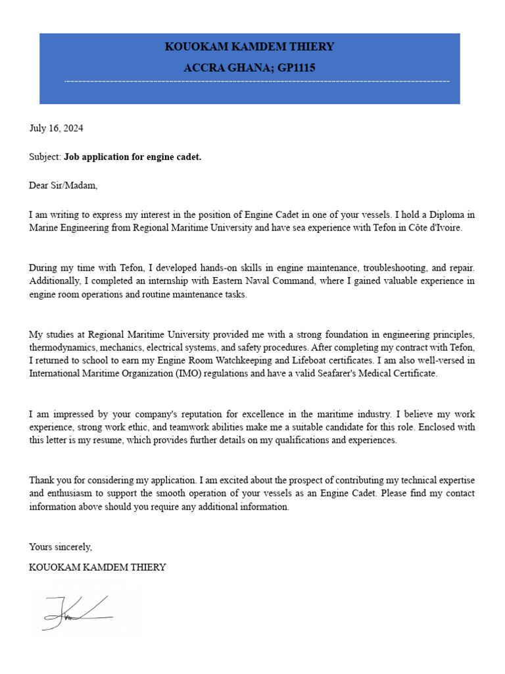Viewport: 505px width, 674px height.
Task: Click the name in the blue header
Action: coord(249,47)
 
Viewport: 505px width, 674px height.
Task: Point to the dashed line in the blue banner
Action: coord(256,82)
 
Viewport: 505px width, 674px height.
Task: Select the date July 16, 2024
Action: coord(56,128)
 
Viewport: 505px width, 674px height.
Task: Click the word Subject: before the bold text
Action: coord(45,157)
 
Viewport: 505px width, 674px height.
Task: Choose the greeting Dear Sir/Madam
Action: coord(63,185)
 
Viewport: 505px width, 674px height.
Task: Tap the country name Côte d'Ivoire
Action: coord(435,228)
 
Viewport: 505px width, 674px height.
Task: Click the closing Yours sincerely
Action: coord(60,547)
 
